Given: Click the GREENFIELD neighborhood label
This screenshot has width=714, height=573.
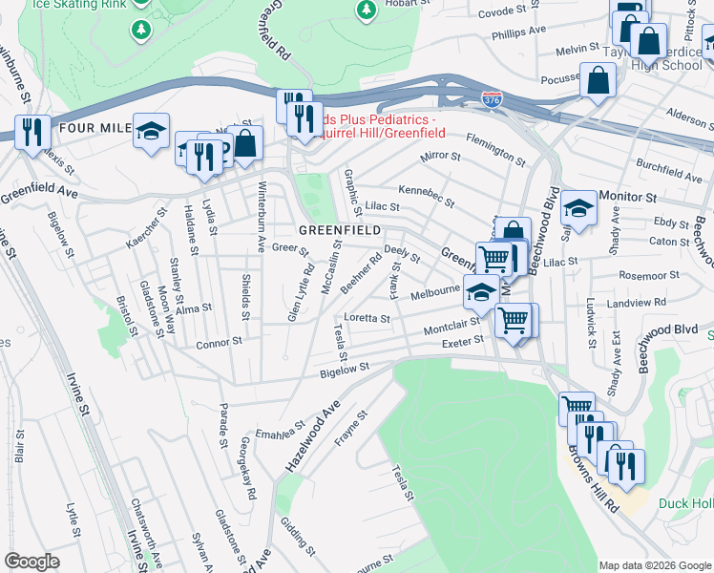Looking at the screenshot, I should [340, 230].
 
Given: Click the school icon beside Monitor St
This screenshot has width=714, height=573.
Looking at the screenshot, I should [578, 207].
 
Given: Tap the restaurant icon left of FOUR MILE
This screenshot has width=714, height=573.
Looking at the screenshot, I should [33, 132].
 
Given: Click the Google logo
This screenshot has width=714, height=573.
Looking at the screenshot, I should [32, 562].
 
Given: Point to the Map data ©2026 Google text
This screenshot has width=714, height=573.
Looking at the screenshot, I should [654, 565].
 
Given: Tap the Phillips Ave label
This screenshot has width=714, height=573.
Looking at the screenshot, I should [518, 32].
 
